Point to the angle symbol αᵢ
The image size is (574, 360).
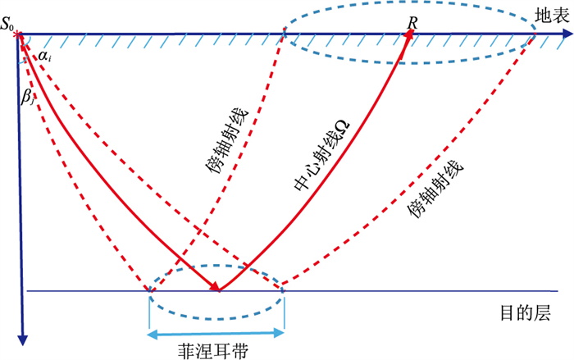click(44, 56)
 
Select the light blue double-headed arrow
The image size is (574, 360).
click(216, 332)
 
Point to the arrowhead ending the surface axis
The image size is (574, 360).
click(567, 34)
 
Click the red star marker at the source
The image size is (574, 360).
click(20, 34)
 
